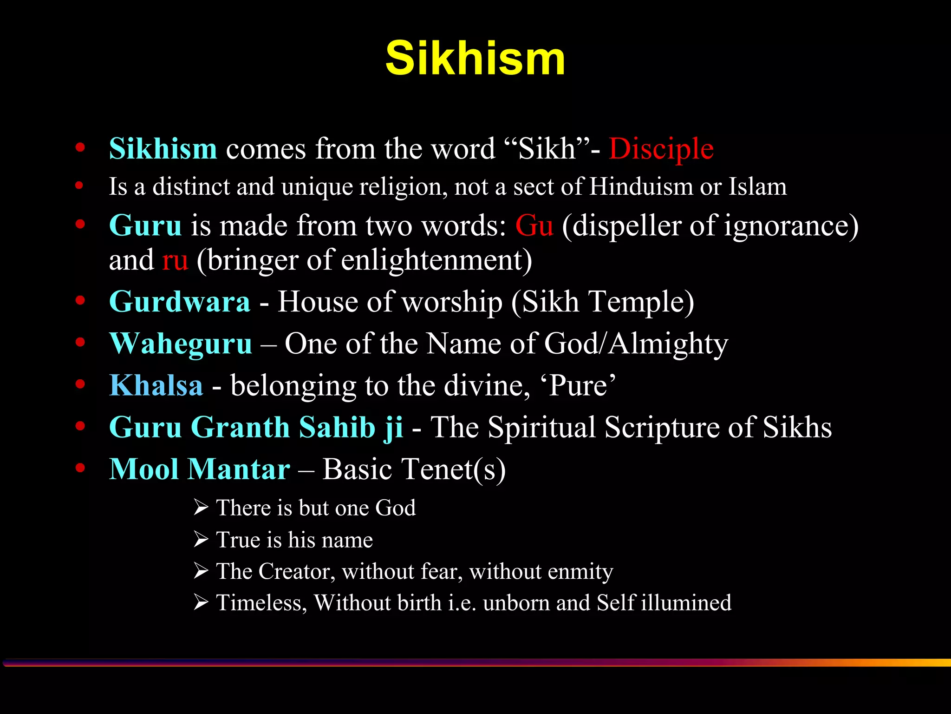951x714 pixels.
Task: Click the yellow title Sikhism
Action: click(475, 58)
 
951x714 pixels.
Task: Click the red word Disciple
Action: click(661, 149)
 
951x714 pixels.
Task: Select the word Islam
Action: click(757, 187)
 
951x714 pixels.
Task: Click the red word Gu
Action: click(534, 226)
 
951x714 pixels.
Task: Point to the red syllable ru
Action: click(175, 260)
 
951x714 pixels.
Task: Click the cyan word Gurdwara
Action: click(180, 302)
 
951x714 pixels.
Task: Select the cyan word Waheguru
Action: click(181, 344)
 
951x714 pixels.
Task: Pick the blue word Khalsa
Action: click(156, 386)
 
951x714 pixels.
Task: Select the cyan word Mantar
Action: click(239, 469)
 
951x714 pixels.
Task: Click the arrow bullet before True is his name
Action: click(201, 540)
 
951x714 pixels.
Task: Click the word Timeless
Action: click(261, 603)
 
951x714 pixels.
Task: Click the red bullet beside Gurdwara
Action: click(80, 301)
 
